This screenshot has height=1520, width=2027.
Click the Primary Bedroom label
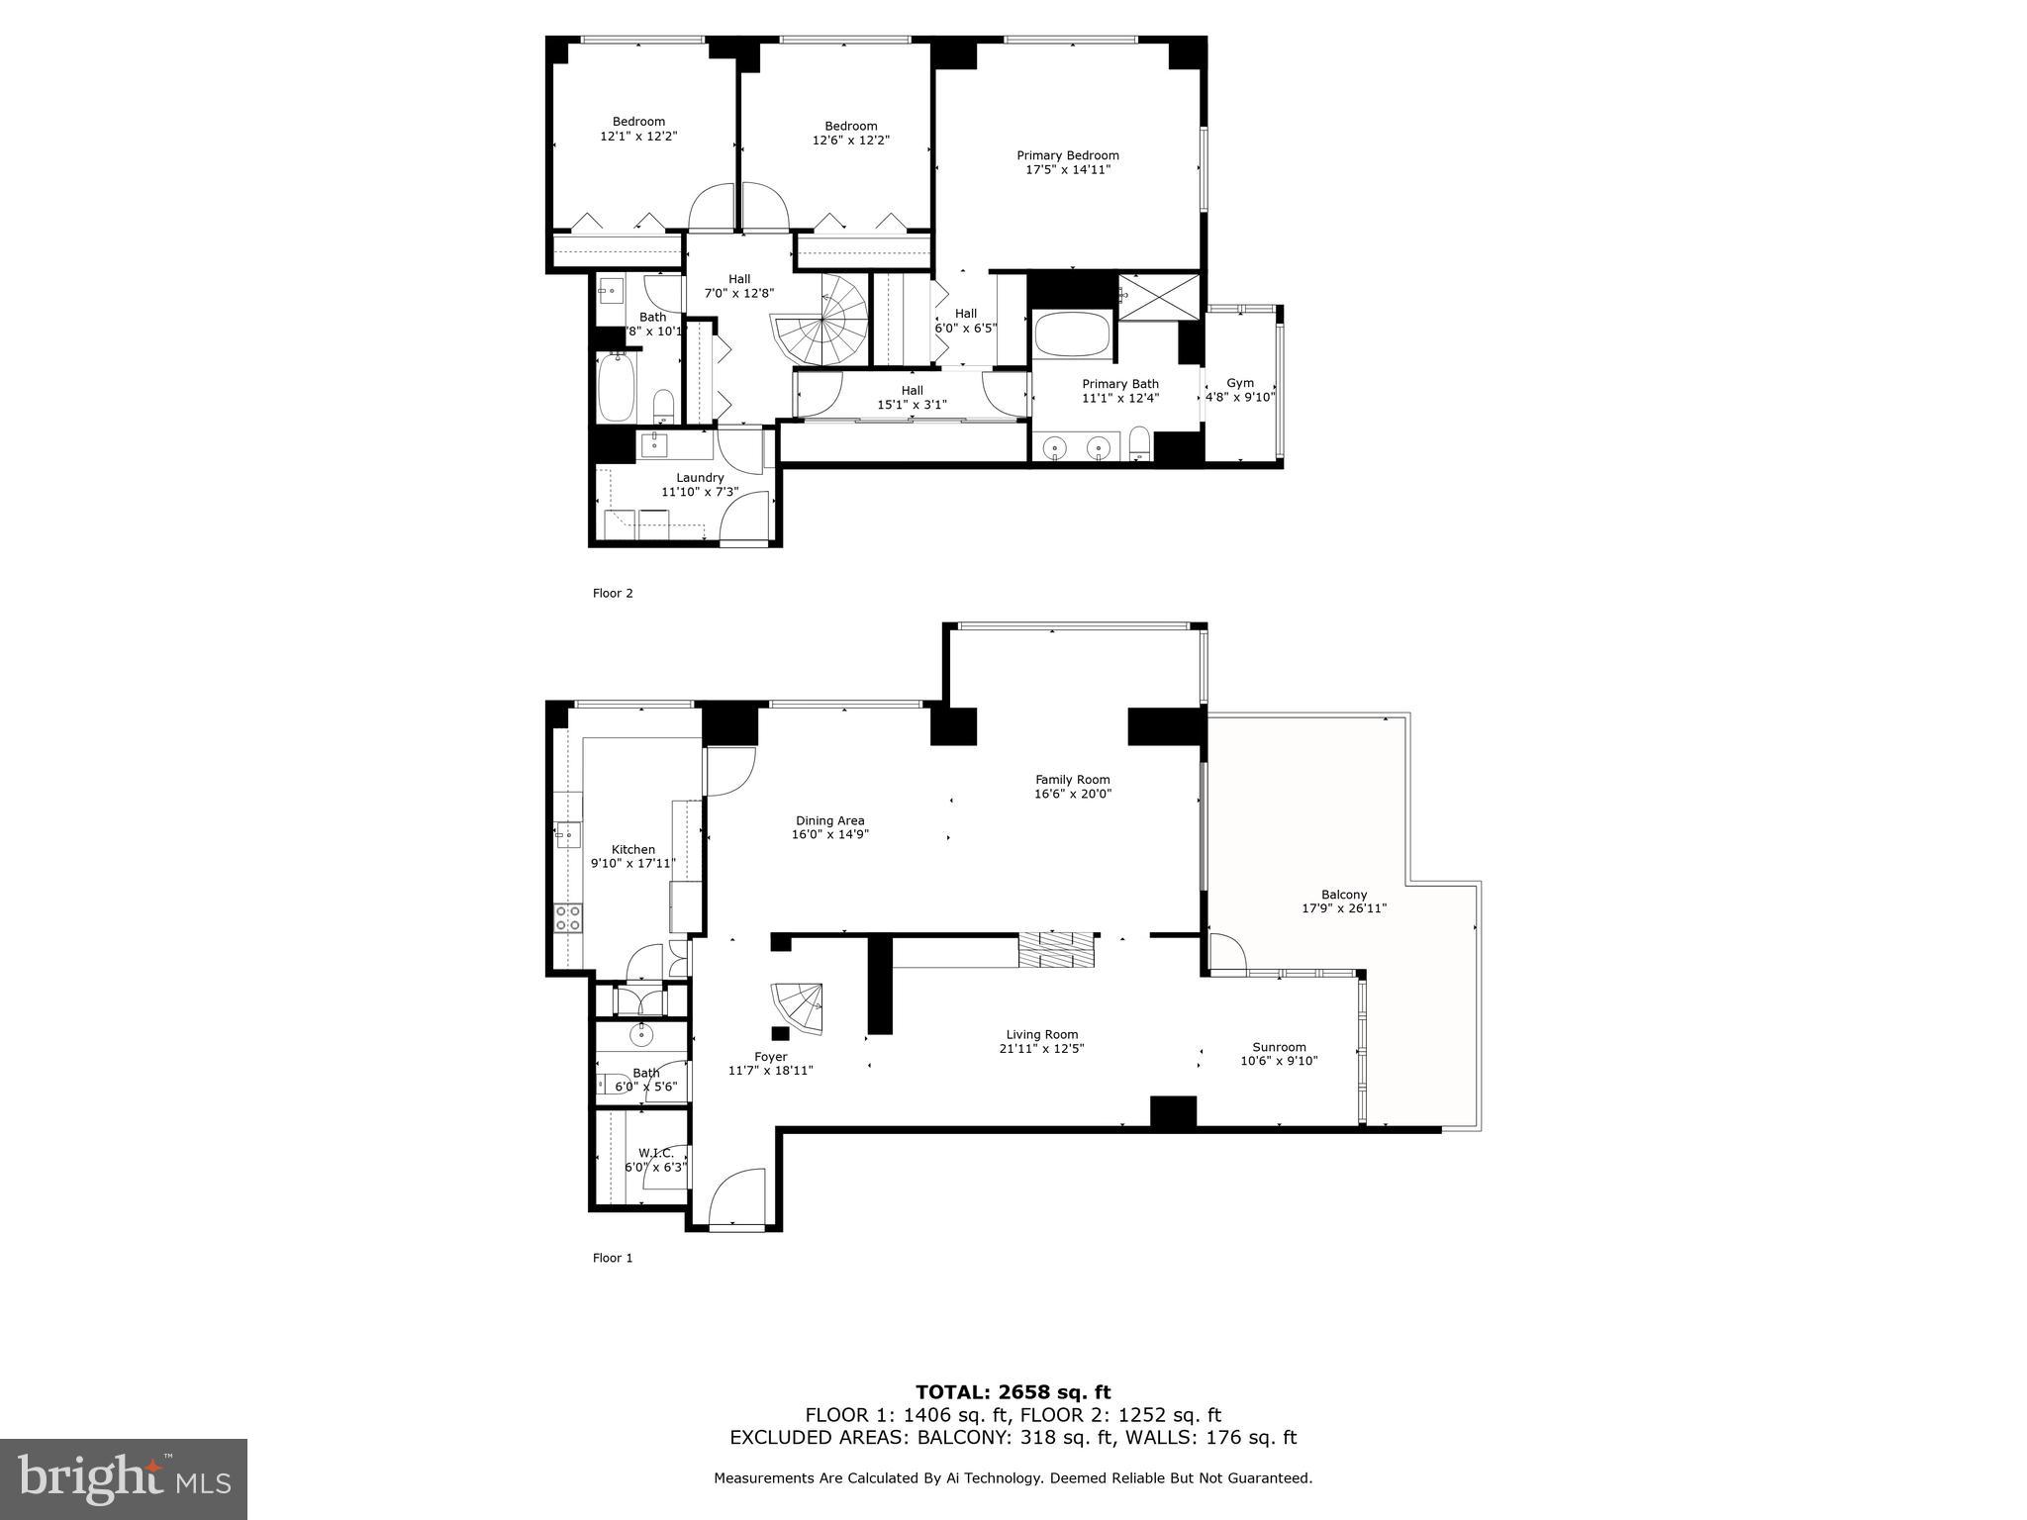(1068, 155)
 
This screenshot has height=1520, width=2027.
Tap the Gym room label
(1240, 383)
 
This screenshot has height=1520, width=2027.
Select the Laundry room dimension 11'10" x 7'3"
(700, 492)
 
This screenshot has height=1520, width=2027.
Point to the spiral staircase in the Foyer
(798, 1007)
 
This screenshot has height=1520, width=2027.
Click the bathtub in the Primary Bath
(1074, 334)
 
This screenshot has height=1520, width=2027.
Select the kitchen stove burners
(568, 917)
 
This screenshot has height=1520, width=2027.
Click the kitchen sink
(567, 834)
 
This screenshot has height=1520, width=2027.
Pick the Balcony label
(1343, 895)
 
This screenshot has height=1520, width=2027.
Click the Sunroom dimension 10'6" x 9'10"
(1279, 1061)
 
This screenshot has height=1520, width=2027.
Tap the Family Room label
(1073, 780)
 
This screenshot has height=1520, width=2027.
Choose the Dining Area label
(829, 820)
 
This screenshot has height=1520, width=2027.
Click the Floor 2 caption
(613, 594)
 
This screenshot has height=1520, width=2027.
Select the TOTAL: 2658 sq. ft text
(1013, 1392)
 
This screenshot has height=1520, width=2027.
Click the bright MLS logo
(124, 1478)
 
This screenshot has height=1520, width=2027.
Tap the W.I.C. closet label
(655, 1153)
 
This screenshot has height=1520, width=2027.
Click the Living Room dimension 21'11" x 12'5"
(1041, 1049)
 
